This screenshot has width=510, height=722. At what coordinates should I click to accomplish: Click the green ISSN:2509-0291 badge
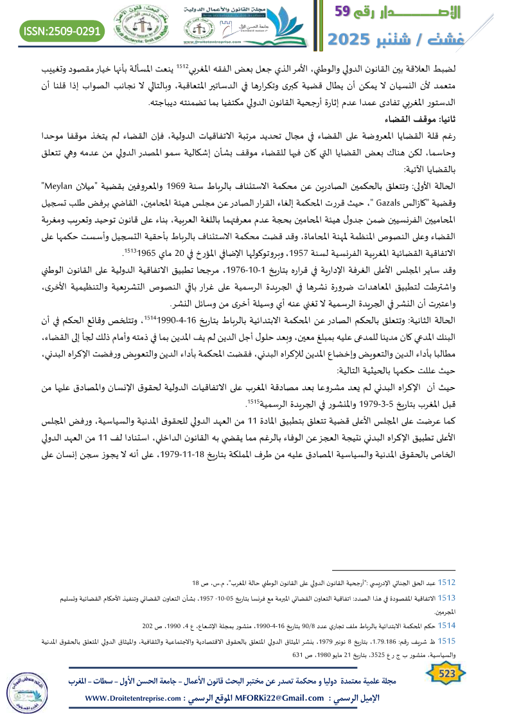tap(62, 31)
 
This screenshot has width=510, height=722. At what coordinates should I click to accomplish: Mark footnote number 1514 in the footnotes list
tap(447, 625)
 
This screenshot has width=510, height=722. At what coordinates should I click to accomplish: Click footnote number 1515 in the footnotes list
tap(447, 642)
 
